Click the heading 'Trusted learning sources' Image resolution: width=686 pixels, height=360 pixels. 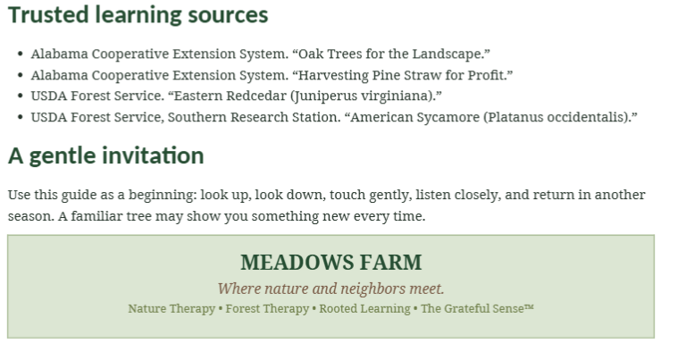tap(138, 15)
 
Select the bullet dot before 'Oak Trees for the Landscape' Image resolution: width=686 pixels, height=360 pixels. tap(21, 54)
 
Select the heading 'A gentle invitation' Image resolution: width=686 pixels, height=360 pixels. tap(106, 155)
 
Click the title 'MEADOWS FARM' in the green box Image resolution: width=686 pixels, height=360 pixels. tap(331, 263)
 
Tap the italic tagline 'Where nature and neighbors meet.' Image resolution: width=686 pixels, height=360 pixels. tap(330, 289)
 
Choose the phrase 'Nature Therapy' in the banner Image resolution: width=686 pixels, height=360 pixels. tap(171, 309)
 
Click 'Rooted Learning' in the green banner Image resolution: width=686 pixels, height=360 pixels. tap(364, 309)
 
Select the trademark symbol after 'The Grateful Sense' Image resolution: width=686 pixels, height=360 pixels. tap(529, 306)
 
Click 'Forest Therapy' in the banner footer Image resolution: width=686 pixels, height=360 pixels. tap(267, 309)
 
